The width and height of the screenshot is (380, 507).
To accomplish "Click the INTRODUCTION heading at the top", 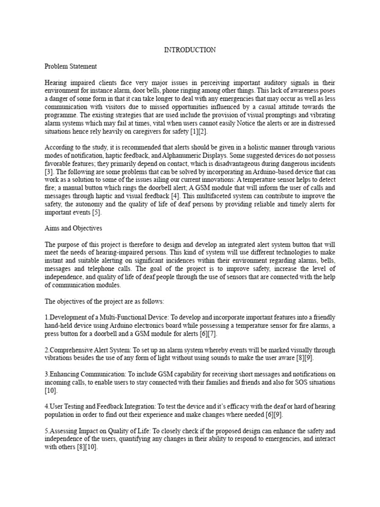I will point(190,50).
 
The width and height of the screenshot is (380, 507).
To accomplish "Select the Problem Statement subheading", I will point(71,66).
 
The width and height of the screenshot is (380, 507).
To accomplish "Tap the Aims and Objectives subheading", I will point(73,228).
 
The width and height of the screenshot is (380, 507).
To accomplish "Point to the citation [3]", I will point(49,171).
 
